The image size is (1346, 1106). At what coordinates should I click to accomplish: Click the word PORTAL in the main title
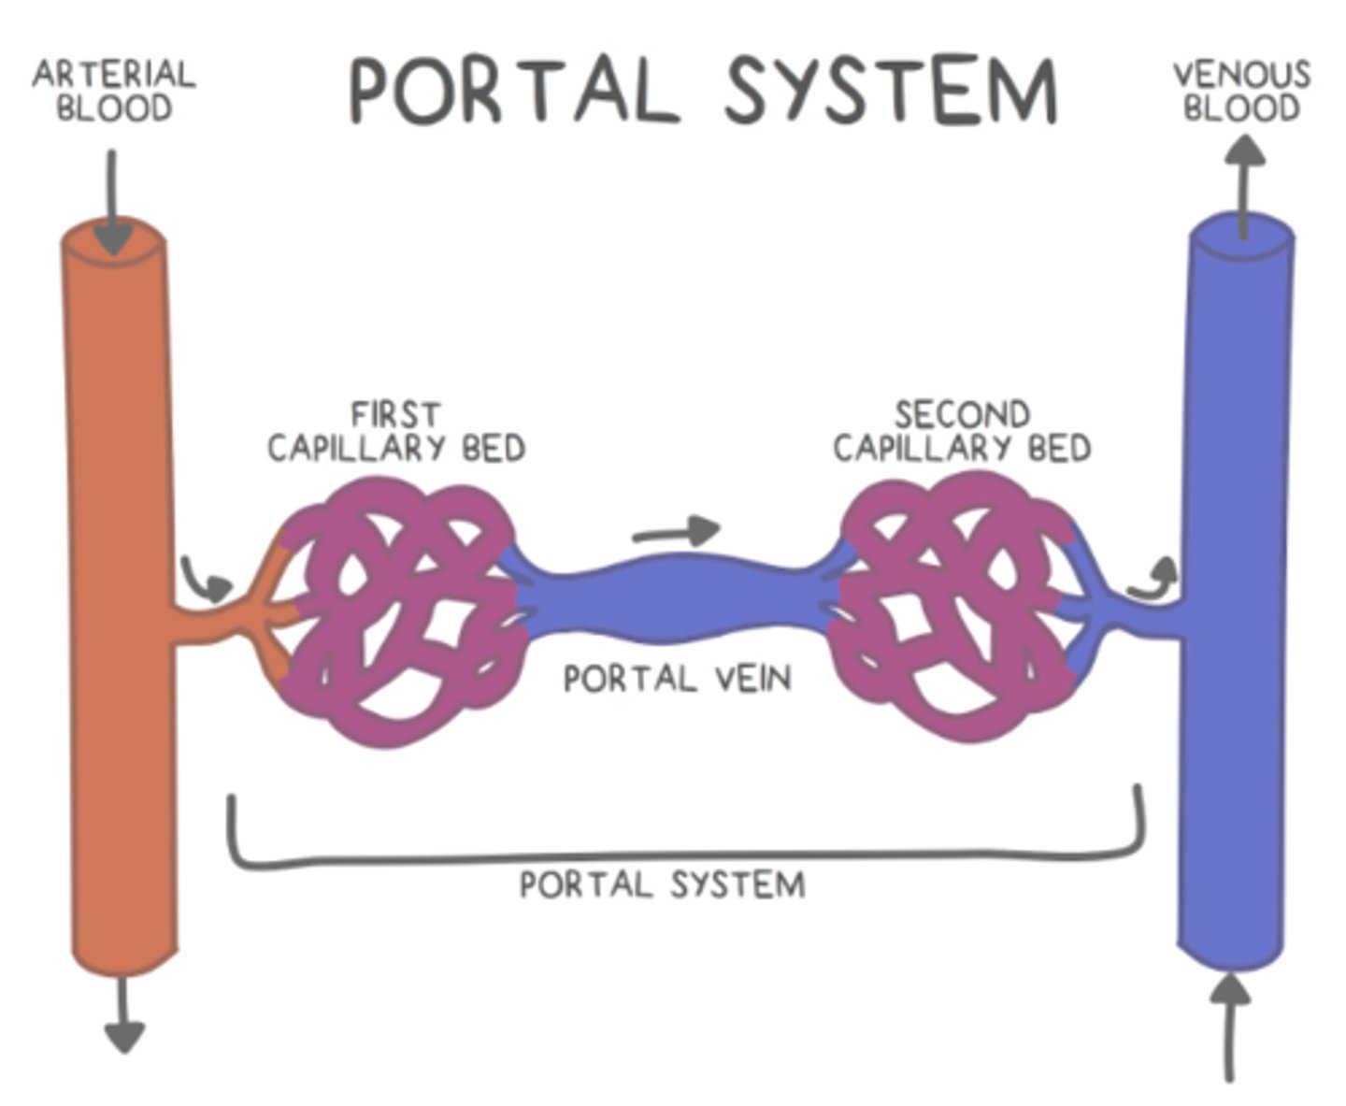coord(513,90)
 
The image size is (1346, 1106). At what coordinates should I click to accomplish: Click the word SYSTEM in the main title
coord(891,90)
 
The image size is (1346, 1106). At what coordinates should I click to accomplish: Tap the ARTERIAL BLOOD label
coord(114,91)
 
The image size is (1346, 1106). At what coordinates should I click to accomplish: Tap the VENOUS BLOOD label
coord(1241,91)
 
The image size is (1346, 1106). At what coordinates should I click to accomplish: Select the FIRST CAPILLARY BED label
coord(396,431)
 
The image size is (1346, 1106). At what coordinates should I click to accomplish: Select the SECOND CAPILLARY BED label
coord(962,431)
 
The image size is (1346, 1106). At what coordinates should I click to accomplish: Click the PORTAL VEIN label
coord(677,678)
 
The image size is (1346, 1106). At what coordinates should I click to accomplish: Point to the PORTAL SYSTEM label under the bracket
coord(662,884)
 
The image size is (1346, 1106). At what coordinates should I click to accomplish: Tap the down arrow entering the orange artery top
coord(113,201)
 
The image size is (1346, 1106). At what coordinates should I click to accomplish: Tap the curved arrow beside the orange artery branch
coord(207,580)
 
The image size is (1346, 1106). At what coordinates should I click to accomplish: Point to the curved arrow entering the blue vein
coord(1153,579)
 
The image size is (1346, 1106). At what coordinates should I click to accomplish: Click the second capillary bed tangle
coord(958,608)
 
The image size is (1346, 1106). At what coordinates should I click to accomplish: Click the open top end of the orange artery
coord(113,239)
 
